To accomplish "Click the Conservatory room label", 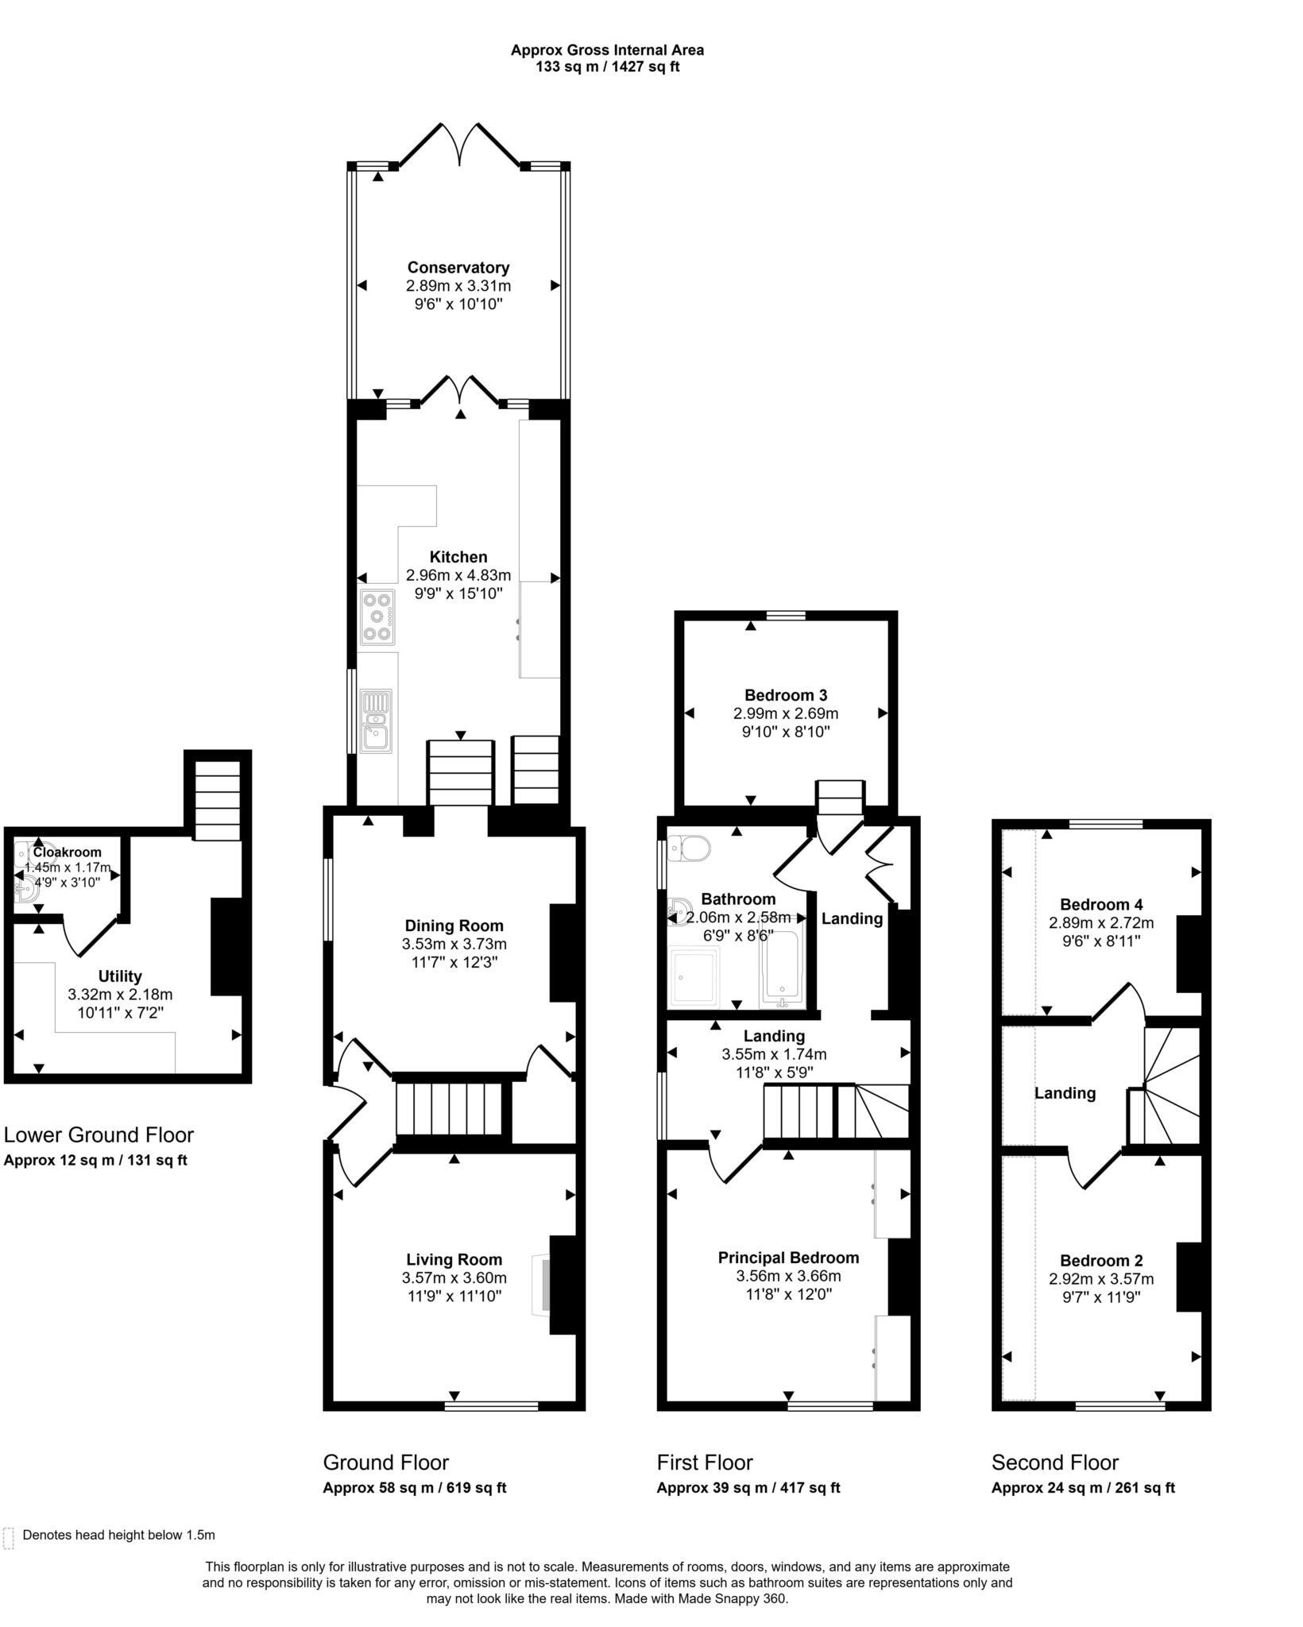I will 458,268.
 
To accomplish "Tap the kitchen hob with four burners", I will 377,616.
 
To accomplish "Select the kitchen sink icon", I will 376,721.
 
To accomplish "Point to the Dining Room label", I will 454,926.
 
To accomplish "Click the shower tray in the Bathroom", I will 696,977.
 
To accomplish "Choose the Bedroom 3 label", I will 786,695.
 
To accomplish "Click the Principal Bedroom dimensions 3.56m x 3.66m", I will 788,1277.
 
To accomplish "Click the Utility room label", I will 120,976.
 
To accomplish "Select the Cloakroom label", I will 68,852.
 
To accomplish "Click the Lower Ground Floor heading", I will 99,1134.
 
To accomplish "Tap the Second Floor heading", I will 1054,1463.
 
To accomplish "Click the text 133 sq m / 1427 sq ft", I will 607,67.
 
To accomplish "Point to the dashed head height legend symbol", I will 9,1538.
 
